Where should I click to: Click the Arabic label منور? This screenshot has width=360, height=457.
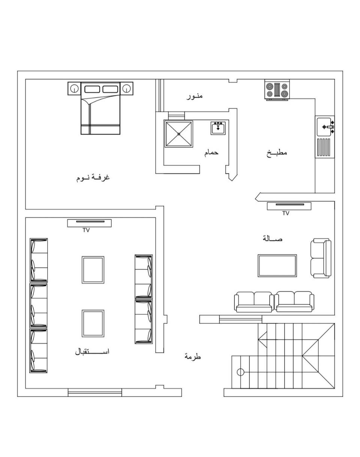(194, 96)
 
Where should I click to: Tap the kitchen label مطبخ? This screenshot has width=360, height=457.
(277, 153)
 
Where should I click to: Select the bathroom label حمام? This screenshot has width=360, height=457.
(211, 153)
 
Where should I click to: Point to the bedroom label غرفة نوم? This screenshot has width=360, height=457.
(93, 177)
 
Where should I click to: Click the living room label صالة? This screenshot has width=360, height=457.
(273, 239)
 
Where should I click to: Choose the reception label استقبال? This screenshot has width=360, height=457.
(92, 352)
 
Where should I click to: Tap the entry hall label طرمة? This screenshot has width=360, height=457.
(192, 356)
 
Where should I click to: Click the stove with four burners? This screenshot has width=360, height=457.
(277, 90)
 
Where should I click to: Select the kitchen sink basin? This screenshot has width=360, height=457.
(324, 127)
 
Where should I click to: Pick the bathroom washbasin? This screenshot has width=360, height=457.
(218, 128)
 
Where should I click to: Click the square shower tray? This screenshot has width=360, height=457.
(178, 134)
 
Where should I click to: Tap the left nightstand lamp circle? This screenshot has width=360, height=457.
(74, 88)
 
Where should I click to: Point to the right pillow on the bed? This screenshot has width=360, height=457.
(110, 89)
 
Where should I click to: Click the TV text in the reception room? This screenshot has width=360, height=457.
(86, 230)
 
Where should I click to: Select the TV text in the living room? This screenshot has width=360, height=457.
(286, 213)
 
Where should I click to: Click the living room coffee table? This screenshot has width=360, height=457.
(277, 266)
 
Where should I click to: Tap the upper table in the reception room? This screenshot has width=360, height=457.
(93, 270)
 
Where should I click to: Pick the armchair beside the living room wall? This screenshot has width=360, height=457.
(321, 258)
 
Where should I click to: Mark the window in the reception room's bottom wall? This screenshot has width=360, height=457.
(95, 392)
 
